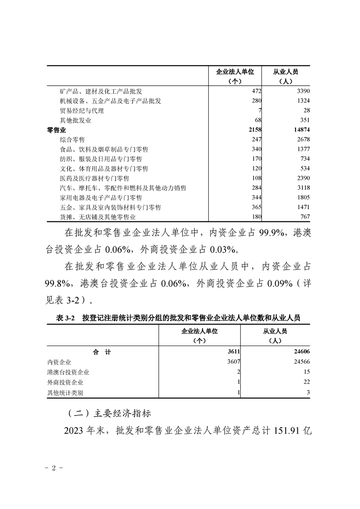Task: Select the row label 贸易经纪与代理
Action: click(x=82, y=111)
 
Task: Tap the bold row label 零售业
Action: click(x=57, y=130)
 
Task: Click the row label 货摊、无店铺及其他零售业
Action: click(x=98, y=217)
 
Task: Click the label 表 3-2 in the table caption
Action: click(x=65, y=318)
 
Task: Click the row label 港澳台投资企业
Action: click(x=68, y=372)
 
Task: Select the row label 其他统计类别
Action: click(x=65, y=392)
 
